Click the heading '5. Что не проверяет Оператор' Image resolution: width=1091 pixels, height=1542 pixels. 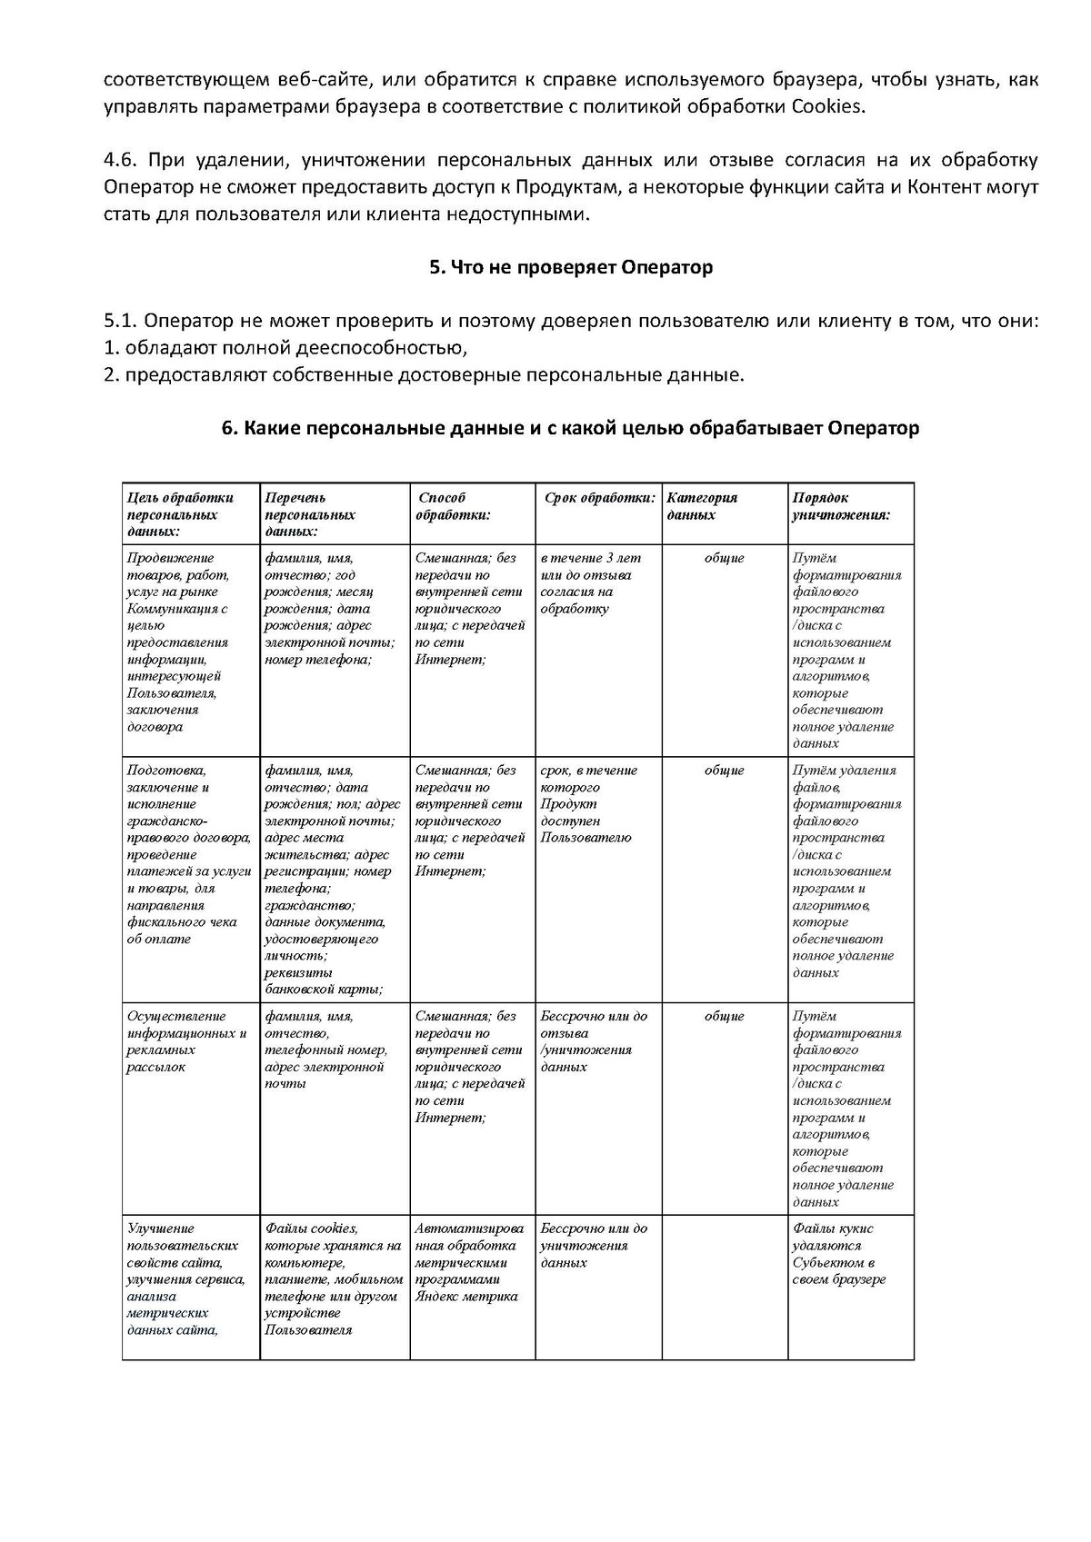570,267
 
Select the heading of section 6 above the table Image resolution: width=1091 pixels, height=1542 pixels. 570,428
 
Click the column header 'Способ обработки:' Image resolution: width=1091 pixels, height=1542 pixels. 453,506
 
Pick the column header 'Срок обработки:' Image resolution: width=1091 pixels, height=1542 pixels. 599,498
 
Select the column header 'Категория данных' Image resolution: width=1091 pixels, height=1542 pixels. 702,506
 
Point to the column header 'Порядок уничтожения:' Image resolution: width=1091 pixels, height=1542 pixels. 840,506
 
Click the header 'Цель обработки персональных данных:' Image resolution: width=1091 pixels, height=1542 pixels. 180,514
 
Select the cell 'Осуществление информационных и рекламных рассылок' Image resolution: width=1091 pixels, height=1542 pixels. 186,1041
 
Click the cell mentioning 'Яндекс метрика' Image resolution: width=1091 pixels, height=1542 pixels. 467,1262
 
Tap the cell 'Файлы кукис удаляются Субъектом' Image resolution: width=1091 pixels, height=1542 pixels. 838,1254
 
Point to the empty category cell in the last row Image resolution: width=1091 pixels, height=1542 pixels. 724,1286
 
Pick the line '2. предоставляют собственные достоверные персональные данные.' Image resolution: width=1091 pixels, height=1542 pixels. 423,374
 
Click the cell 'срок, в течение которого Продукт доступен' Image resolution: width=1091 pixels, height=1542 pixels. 588,803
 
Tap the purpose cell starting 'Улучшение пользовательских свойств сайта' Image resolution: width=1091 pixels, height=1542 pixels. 185,1278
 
